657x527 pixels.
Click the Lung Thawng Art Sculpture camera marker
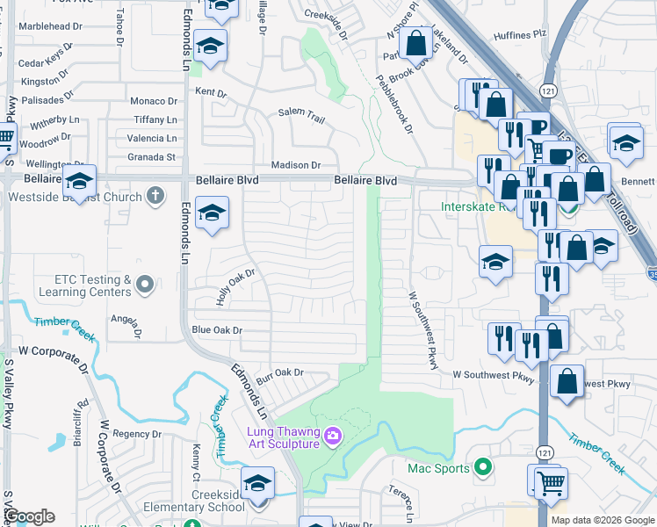click(333, 434)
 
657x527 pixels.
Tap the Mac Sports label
click(438, 468)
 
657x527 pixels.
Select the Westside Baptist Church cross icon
click(155, 195)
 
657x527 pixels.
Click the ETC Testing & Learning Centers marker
click(146, 284)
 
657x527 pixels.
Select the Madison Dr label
click(296, 165)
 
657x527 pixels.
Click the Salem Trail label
click(302, 112)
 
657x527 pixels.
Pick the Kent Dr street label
click(211, 92)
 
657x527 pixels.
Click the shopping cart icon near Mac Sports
click(551, 481)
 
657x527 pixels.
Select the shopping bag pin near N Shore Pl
click(415, 41)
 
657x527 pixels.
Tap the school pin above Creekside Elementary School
click(257, 482)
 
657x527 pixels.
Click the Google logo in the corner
click(28, 517)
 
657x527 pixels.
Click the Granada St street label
click(151, 157)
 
